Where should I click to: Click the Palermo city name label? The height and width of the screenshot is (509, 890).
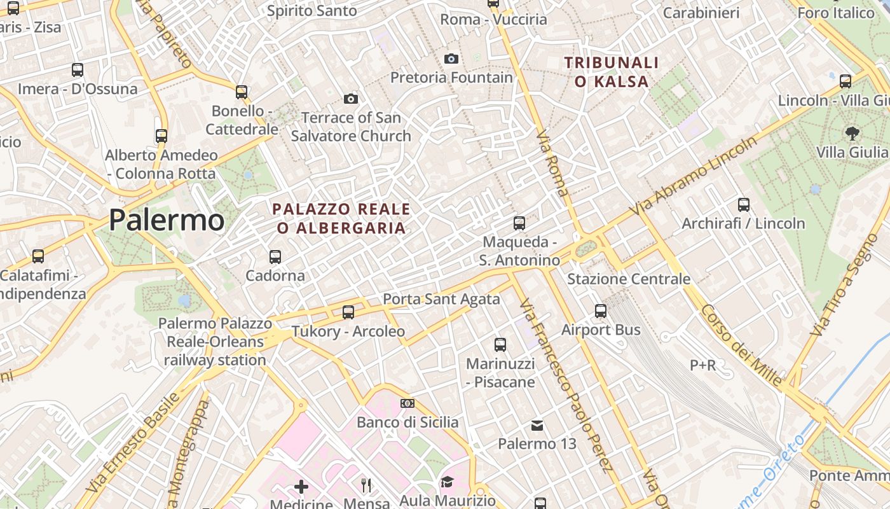tap(167, 220)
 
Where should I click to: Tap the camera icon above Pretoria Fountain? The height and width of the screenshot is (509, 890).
tap(451, 59)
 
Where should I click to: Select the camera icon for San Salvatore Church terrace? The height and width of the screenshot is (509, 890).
tap(350, 99)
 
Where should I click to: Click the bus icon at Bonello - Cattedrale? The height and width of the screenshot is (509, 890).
tap(242, 92)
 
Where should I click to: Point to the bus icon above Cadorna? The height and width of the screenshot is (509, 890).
tap(275, 257)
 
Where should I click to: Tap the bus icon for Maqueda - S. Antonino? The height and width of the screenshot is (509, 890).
tap(519, 223)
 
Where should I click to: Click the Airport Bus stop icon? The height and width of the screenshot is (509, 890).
tap(601, 311)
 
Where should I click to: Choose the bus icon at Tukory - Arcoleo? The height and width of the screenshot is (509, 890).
tap(348, 312)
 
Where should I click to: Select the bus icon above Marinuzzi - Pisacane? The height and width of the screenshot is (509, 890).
tap(500, 345)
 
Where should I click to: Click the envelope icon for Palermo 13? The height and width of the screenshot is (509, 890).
tap(537, 425)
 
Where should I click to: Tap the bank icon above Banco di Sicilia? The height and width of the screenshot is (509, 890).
tap(407, 403)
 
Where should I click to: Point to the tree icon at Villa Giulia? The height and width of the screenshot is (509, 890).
tap(852, 134)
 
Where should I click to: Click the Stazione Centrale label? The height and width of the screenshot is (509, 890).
tap(628, 279)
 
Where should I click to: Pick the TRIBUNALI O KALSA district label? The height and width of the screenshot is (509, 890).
tap(612, 72)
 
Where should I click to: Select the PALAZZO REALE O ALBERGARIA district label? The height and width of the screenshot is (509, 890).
tap(341, 218)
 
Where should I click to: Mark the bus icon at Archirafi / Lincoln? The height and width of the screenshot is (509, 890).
tap(744, 205)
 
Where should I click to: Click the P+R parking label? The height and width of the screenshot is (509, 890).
tap(703, 365)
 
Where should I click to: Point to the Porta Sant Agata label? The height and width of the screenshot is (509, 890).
tap(441, 298)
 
